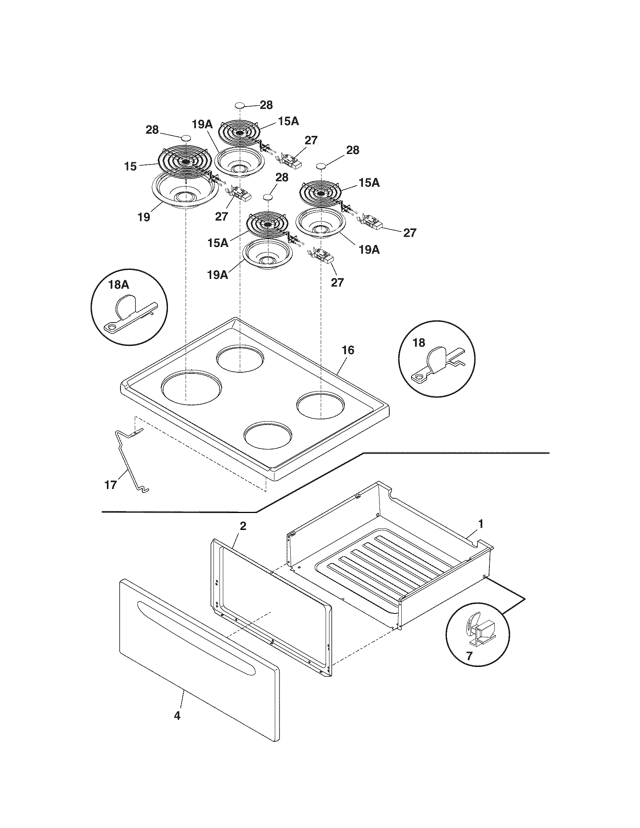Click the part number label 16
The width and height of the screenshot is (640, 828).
(x=348, y=350)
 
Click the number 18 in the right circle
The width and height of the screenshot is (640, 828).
(x=419, y=343)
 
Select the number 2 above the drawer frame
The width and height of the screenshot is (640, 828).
(x=243, y=526)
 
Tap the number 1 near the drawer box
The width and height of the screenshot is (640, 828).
(x=481, y=524)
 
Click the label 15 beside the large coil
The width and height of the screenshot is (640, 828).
(x=130, y=166)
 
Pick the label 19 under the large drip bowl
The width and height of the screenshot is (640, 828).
(x=144, y=217)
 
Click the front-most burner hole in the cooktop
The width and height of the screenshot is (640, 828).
(x=268, y=433)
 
